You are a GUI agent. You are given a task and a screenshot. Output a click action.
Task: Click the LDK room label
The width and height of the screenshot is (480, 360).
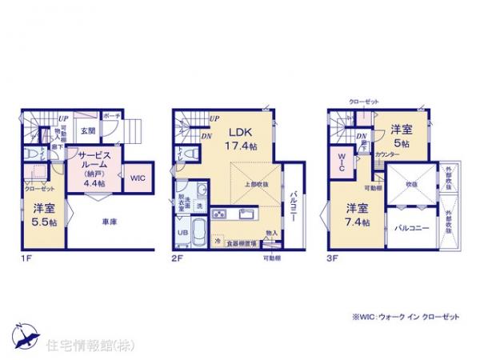click(242, 134)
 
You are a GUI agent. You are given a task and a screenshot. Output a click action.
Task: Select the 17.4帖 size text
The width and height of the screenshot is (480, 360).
click(242, 146)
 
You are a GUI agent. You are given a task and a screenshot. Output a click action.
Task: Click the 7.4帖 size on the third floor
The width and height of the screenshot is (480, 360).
click(358, 222)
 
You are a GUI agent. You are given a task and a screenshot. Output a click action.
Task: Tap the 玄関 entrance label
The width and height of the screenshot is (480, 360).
click(88, 131)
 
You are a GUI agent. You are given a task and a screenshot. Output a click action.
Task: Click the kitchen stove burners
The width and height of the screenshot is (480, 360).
click(221, 214)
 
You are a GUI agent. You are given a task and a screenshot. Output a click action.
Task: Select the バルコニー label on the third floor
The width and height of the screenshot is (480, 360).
click(412, 228)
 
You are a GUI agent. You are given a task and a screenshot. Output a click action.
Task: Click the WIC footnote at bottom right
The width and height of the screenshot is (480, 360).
click(406, 317)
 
